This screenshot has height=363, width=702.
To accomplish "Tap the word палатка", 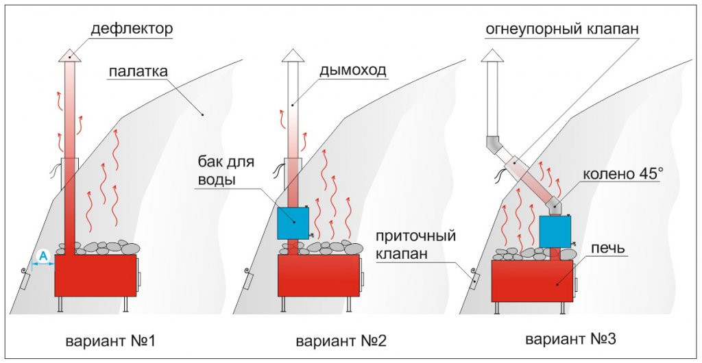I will (138, 72).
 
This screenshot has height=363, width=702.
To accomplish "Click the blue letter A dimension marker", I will (43, 256).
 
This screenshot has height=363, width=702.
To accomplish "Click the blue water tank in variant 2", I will (293, 222).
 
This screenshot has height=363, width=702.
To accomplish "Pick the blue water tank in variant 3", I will (555, 231).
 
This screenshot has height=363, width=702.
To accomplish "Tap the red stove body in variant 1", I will (95, 275).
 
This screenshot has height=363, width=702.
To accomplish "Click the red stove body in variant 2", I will (319, 275).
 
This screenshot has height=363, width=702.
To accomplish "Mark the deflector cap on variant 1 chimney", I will (70, 54).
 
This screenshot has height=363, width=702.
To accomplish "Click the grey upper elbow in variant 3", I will (496, 146).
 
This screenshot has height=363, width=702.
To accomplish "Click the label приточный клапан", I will (416, 245).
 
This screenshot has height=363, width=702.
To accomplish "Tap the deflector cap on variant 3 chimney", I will (492, 55).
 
